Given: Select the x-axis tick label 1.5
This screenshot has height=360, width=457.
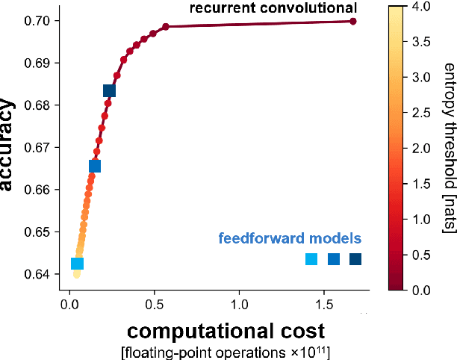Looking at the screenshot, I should [x=325, y=304].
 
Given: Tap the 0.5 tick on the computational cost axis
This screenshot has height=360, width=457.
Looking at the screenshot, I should [x=155, y=304].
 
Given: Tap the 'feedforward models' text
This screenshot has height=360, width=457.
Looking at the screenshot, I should [x=290, y=239].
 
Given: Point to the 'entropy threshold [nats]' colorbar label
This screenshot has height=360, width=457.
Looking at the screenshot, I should [x=448, y=149].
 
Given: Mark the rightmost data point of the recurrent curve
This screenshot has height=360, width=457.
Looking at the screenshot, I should [x=353, y=21].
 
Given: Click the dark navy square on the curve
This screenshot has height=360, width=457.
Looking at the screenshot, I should [x=109, y=91].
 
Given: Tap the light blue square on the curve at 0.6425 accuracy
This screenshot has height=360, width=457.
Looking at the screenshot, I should [x=77, y=264].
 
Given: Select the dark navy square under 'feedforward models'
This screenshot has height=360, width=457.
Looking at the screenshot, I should [x=355, y=259].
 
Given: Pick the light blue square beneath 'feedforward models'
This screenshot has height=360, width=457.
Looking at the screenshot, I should [x=311, y=259].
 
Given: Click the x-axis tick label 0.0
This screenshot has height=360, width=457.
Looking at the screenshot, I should [x=69, y=304].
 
